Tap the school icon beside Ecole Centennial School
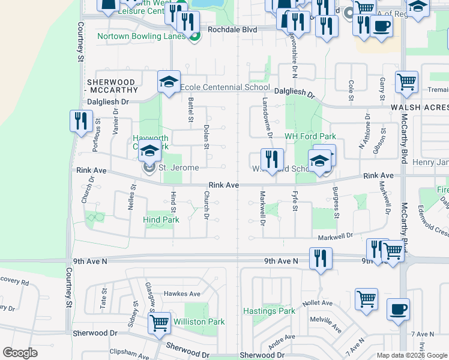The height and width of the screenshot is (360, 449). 169,82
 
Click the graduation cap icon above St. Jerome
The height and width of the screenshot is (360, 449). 149,152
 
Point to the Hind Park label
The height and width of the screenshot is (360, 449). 161,220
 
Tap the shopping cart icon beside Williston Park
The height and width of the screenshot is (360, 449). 159,323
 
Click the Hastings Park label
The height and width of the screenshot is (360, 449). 269,311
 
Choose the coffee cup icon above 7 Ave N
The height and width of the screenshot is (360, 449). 398,310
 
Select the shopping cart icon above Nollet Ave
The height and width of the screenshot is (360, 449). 366,298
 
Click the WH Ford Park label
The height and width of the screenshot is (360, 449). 310,137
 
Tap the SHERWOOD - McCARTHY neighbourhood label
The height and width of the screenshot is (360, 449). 111,86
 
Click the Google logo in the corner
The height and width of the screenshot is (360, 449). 19,353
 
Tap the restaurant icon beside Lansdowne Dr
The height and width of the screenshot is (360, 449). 272,160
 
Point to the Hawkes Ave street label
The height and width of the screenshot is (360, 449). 182,293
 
